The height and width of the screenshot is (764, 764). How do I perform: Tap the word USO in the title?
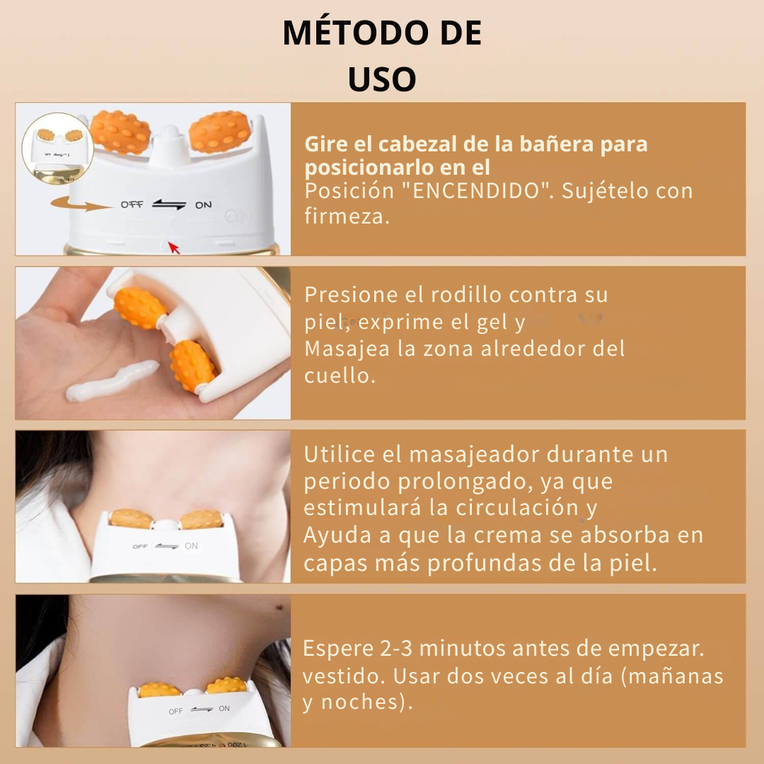(x=382, y=79)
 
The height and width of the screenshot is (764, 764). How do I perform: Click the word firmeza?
(x=347, y=216)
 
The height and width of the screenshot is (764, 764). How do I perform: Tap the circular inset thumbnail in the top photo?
(x=57, y=147)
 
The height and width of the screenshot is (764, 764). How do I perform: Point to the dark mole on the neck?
(x=280, y=607)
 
